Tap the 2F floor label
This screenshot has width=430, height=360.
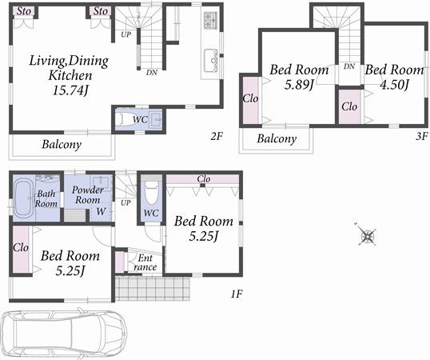(x=217, y=137)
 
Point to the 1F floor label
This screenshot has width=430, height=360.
(x=237, y=294)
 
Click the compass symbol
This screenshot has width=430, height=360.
(x=368, y=236)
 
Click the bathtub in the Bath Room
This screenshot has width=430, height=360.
(x=23, y=198)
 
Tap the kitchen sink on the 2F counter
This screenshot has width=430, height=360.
(x=210, y=59)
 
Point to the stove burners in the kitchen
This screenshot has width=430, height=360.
(x=209, y=19)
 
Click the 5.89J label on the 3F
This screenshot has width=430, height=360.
(x=299, y=85)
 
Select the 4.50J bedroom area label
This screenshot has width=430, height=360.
(x=395, y=85)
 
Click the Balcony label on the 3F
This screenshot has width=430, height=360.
(x=277, y=138)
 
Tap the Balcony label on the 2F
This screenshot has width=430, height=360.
(x=62, y=145)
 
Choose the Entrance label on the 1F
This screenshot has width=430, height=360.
(x=145, y=262)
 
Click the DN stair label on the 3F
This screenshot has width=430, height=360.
(x=349, y=66)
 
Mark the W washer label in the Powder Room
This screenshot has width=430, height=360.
(x=101, y=212)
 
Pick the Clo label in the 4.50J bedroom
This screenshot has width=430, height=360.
(x=349, y=106)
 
